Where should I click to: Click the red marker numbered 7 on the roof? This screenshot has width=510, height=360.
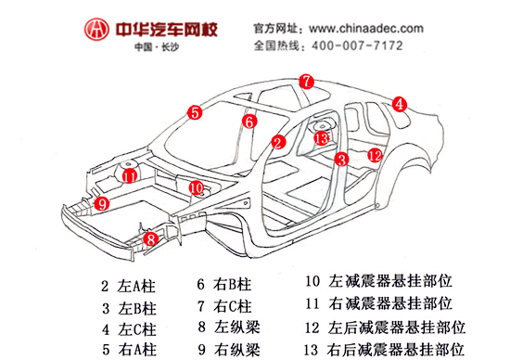point(307,81)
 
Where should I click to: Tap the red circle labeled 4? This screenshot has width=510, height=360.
point(399,105)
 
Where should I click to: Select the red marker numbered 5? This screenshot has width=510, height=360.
point(194,113)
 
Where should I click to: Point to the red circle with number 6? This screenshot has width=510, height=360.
point(249,121)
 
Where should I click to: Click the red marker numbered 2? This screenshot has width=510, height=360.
point(277,142)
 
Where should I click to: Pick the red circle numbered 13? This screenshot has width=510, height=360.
point(321,138)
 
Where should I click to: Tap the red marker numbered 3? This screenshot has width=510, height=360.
point(341,160)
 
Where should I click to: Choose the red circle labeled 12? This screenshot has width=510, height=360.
point(374,155)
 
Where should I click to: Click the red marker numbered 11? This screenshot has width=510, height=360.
point(130,175)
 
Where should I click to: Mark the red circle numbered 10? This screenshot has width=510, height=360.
point(196,187)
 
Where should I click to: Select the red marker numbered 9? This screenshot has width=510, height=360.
point(101,202)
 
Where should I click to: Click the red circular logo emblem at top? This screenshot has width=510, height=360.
point(94,30)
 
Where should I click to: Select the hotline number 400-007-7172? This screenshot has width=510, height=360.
point(370,45)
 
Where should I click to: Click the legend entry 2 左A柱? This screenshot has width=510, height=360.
point(129,287)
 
